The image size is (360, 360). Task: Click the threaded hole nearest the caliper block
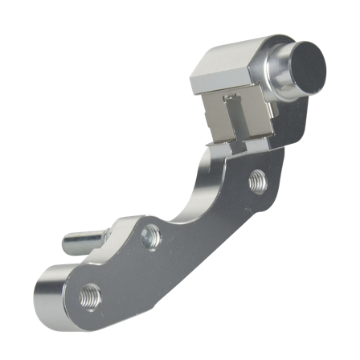click(x=256, y=180)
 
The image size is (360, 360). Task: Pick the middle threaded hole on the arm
click(x=149, y=236)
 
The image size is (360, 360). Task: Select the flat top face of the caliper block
click(x=229, y=56)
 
